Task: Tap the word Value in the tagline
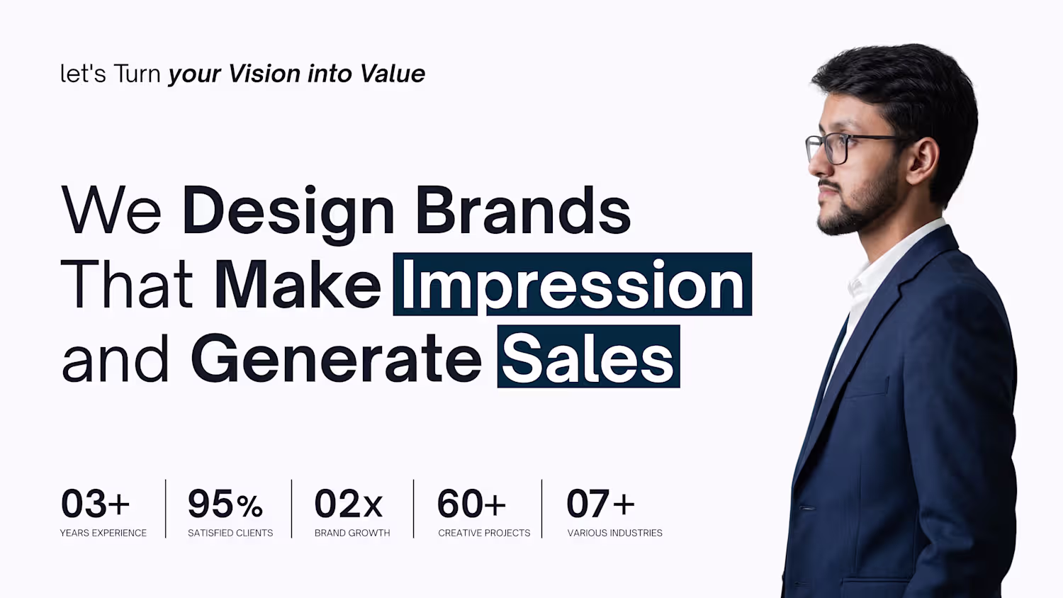coord(392,74)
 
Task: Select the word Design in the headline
coord(288,212)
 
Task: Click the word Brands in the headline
coord(523,210)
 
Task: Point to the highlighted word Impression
coord(573,284)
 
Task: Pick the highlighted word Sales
coord(588,356)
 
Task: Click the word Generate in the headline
coord(337,358)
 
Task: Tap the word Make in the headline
coord(298,284)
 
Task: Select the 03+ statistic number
coord(96,504)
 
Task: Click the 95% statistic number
coord(225,504)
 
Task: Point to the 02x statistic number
coord(349,504)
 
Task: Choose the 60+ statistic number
coord(471,504)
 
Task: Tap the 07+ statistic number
coord(600,504)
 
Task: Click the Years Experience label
coord(103,533)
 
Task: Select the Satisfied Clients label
coord(230,533)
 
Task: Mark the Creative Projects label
coord(484,533)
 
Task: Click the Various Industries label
coord(614,533)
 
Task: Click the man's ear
coord(922,161)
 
